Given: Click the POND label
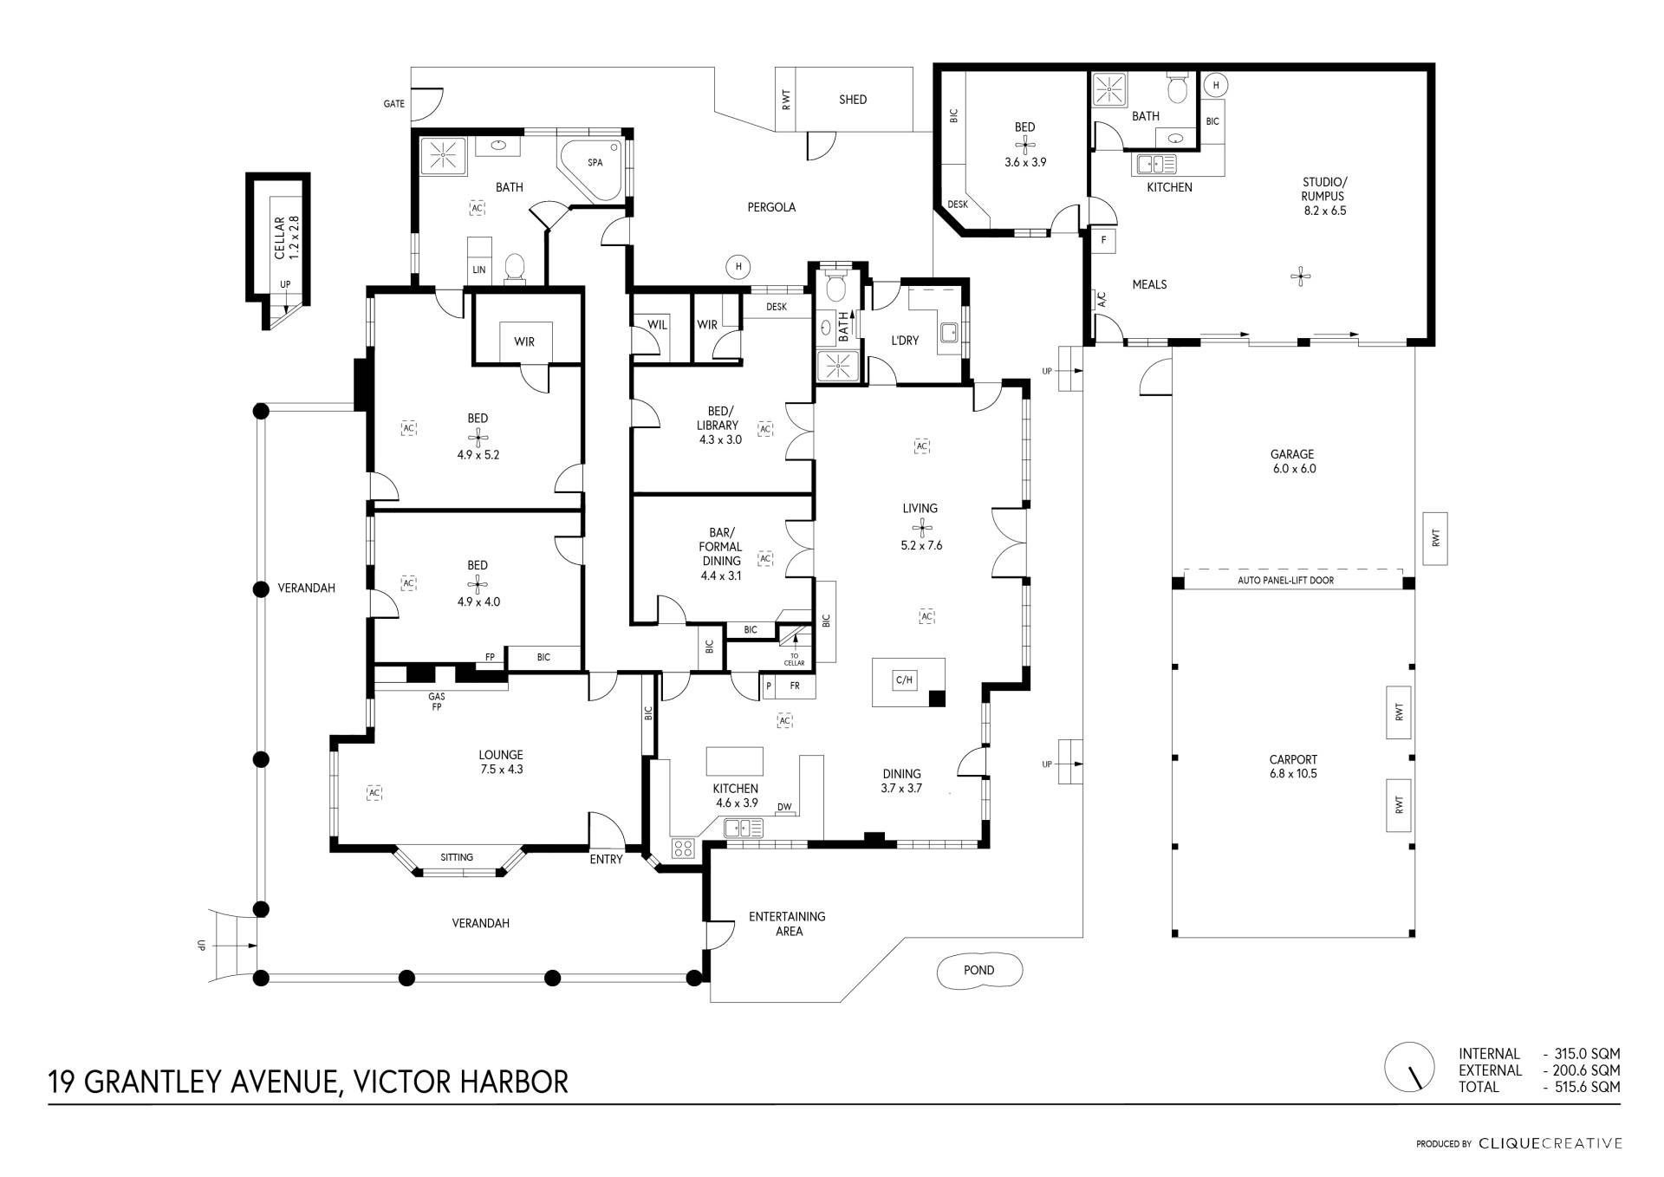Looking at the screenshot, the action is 978,971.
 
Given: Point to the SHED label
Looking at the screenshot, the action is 853,100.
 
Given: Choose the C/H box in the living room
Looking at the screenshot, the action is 904,680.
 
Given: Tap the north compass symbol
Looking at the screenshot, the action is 1409,1067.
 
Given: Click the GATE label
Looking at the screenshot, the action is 394,104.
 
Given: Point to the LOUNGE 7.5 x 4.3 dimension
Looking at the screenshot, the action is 501,770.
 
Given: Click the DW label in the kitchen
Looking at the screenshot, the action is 784,808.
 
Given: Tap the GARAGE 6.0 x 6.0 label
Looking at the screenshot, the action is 1292,461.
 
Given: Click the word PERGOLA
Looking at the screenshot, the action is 771,207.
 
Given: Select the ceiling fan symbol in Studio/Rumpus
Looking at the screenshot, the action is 1300,277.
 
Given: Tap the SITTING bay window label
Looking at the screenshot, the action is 457,857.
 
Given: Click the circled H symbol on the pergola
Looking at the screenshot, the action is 738,267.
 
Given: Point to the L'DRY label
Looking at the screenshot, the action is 905,341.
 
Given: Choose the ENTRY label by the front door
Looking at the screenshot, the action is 606,860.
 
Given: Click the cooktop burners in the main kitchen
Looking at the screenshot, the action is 683,848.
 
